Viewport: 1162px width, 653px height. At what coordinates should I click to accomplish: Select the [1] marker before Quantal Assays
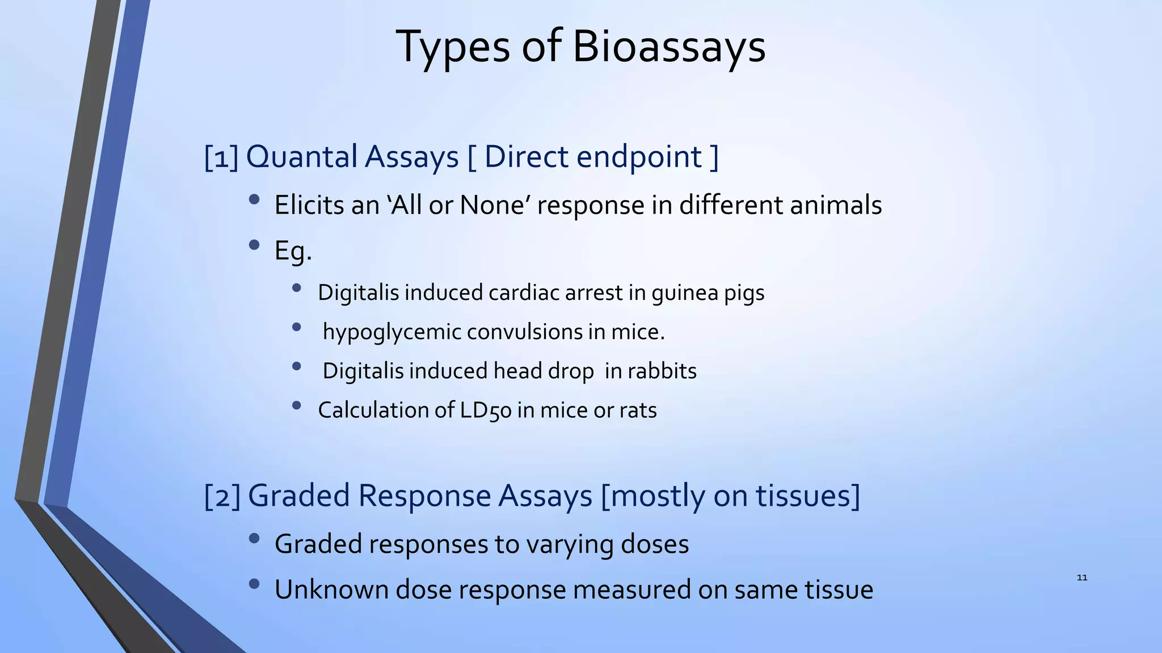point(221,158)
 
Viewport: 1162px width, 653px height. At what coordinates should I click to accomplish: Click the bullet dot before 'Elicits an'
point(254,200)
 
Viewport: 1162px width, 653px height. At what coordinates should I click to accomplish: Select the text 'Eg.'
point(293,251)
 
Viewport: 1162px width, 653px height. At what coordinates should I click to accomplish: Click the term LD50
point(486,410)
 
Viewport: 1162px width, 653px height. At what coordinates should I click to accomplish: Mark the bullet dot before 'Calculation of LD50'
point(296,405)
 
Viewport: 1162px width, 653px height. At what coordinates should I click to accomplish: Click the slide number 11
point(1081,578)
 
